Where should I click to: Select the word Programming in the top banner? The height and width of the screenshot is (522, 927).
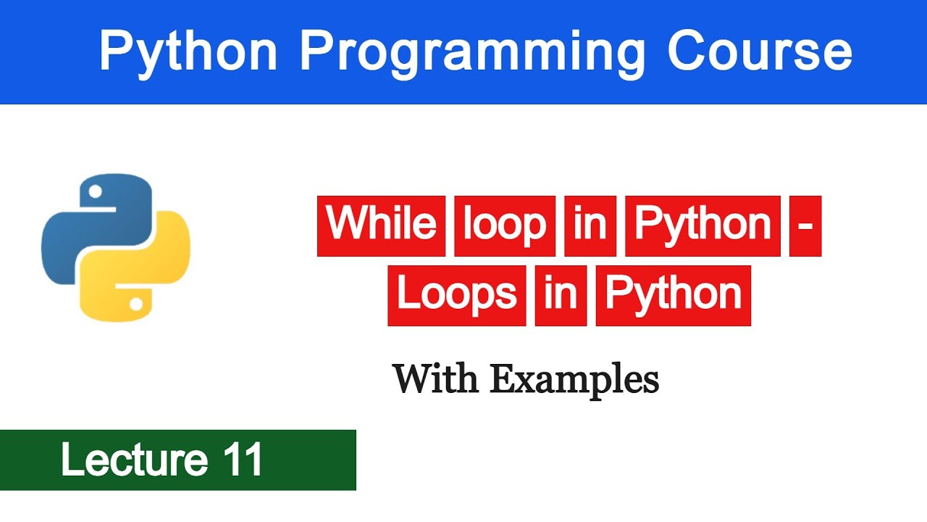point(472,52)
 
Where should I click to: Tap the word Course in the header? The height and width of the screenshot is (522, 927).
point(759,52)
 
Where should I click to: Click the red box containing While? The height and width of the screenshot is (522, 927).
point(381,225)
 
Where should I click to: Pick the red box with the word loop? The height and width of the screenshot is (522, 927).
point(504,225)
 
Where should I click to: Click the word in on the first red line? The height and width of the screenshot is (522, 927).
point(590,225)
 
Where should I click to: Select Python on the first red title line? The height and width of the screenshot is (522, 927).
point(702,225)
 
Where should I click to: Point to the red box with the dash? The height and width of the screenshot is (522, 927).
point(805,225)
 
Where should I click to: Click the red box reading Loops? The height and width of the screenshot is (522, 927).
point(456,295)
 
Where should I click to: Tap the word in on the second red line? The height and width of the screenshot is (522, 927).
point(561,295)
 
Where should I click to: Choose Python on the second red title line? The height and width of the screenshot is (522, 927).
point(673,295)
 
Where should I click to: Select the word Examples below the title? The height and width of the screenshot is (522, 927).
point(574,378)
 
